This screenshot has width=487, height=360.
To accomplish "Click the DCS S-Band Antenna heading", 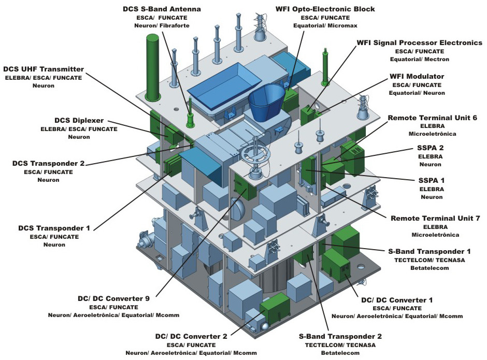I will pos(162,9).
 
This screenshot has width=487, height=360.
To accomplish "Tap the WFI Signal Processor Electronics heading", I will pos(419,42).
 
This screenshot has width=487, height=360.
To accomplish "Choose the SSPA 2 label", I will pos(431,148).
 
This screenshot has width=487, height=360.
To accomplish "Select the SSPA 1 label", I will pos(431,180).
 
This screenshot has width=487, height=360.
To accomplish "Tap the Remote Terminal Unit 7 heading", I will pos(435,219).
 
